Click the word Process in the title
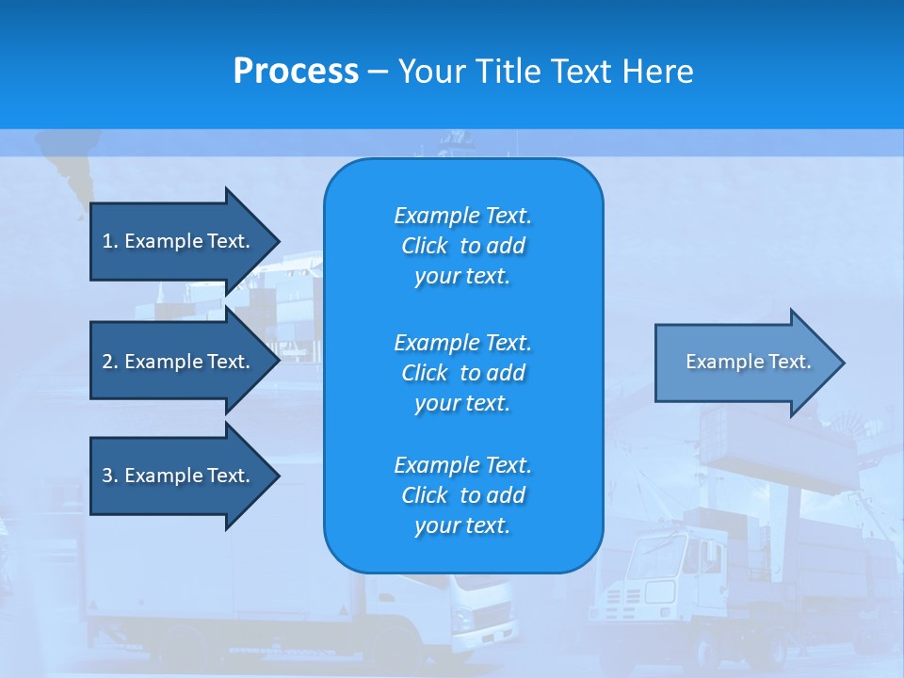point(296,72)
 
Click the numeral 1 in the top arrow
point(107,241)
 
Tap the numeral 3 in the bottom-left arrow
point(107,476)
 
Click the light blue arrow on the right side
point(734,363)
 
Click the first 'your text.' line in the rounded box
point(462,277)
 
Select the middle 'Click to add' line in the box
point(462,373)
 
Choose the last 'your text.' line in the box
point(462,525)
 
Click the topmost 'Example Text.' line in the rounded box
point(462,216)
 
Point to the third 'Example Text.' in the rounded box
point(462,465)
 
